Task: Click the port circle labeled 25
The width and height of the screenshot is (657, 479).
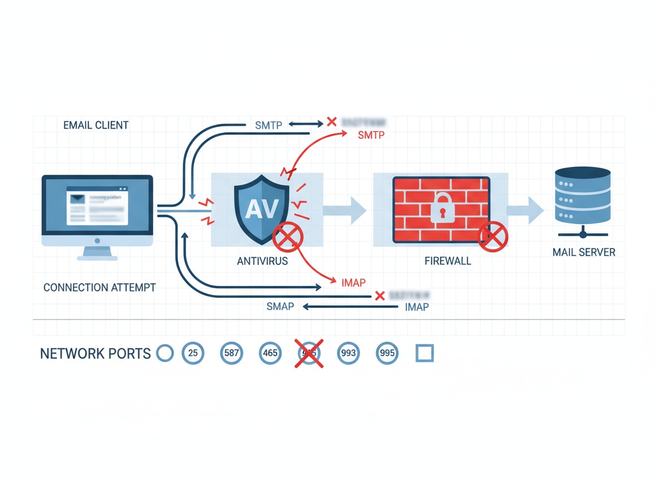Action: (193, 353)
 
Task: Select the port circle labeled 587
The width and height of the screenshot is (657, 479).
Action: (231, 353)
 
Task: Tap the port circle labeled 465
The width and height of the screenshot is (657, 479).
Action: (270, 353)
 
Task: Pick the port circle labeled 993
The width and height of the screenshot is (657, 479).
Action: (348, 353)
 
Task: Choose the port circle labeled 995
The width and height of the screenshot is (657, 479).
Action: (387, 353)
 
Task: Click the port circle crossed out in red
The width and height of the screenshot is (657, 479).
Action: (309, 353)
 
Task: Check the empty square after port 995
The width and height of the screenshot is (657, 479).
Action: (424, 353)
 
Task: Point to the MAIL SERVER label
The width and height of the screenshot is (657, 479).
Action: (584, 252)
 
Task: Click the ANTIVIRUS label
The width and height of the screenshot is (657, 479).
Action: (262, 261)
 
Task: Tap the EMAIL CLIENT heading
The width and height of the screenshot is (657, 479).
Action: (95, 125)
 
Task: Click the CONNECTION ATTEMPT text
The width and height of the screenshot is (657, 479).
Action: (99, 287)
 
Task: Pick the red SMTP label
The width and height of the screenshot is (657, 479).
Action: (371, 135)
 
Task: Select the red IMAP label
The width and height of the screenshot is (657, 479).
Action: (353, 283)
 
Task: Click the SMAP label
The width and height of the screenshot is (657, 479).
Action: (280, 306)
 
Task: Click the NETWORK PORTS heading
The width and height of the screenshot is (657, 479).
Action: (95, 353)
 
